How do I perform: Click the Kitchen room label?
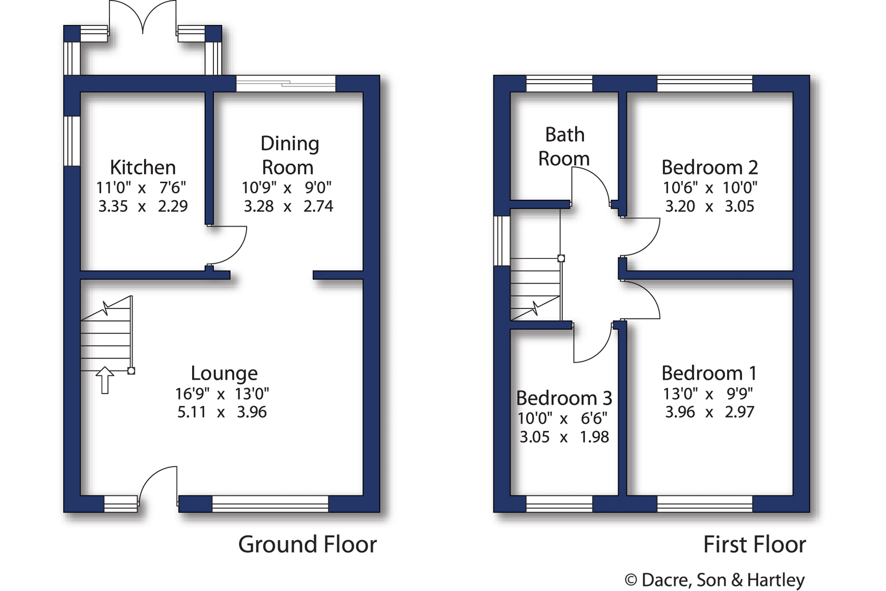[x=143, y=167]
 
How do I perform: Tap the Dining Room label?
[x=289, y=155]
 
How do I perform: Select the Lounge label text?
[x=224, y=373]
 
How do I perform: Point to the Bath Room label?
[x=564, y=146]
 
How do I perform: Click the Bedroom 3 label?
[x=564, y=398]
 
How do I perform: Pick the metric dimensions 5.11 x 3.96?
[x=222, y=412]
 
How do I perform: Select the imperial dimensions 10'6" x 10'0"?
[x=710, y=188]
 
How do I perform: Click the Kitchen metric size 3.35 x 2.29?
[x=143, y=206]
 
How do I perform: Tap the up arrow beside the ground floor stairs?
[x=105, y=380]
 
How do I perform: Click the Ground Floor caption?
[x=308, y=544]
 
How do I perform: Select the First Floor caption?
[x=754, y=544]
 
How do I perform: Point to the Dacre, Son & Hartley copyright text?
[x=714, y=580]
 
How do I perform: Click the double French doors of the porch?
[x=143, y=17]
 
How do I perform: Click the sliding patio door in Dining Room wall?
[x=286, y=83]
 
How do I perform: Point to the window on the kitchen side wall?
[x=72, y=141]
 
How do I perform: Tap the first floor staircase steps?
[x=535, y=289]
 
